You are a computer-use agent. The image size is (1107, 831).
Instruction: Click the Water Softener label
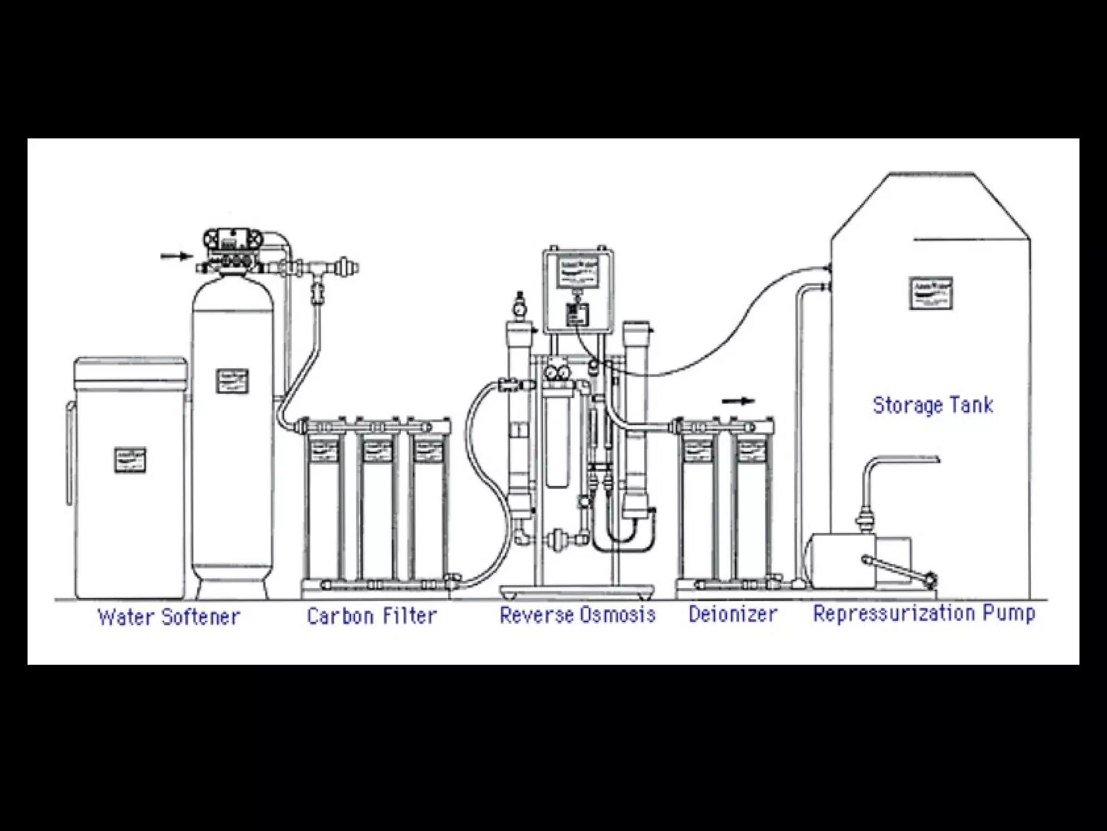[169, 616]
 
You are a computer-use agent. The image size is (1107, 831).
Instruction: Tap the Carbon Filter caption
[371, 616]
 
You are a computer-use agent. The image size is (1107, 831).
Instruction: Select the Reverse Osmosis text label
[577, 615]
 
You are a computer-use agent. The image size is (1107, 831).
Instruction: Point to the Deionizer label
[732, 614]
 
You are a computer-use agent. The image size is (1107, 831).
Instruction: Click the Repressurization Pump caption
[924, 613]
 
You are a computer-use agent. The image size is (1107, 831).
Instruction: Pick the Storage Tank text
[933, 405]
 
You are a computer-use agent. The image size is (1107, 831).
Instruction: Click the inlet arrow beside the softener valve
[176, 256]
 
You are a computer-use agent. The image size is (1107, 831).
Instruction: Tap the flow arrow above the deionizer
[738, 401]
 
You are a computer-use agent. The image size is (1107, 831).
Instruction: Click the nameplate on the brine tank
[130, 460]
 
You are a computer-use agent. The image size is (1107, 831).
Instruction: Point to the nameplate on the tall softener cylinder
[232, 381]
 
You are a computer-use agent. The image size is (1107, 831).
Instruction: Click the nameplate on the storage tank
[931, 293]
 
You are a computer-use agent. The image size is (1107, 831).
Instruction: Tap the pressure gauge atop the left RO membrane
[520, 308]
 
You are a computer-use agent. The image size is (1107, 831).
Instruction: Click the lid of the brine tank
[130, 368]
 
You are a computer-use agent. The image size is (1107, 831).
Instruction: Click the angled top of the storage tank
[930, 206]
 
